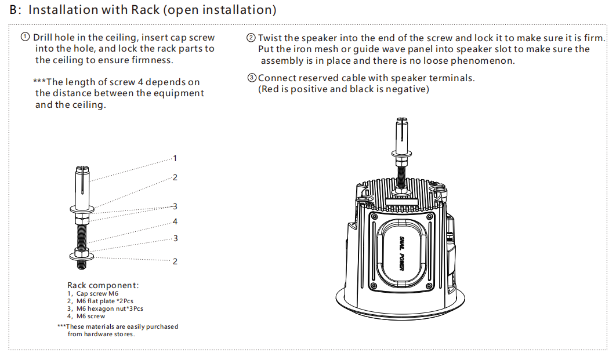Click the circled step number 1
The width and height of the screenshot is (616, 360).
coord(26,37)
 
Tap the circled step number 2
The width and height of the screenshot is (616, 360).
coord(251,38)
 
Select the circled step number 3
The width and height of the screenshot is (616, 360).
coord(251,78)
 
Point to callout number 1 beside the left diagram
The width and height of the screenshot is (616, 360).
coord(175,158)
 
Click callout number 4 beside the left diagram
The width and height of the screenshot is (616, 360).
coord(175,221)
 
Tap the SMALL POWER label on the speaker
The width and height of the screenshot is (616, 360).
coord(401,253)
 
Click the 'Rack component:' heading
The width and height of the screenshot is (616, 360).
coord(103,285)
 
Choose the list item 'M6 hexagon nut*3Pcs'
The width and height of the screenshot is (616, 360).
coord(109,308)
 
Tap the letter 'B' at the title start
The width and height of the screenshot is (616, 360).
coord(14,10)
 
